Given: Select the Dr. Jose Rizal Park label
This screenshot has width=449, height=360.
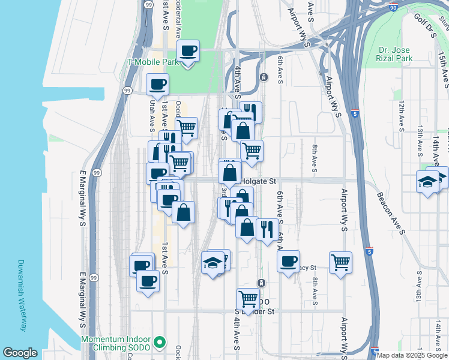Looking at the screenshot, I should pos(396,54).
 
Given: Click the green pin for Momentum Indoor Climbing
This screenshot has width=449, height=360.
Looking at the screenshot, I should pos(159,343).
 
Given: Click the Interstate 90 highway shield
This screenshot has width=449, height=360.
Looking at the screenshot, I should pos(393,8).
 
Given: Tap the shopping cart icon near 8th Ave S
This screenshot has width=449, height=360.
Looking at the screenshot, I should pos(340,262).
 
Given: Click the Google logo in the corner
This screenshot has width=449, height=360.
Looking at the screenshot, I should pos(20,353).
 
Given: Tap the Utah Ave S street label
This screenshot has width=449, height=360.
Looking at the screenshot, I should pos(151,114).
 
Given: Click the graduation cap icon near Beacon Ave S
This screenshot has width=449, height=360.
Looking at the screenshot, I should pos(427,182).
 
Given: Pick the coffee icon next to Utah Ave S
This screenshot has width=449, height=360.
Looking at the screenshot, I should pos(157,84).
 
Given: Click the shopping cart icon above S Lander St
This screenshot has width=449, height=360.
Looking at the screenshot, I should pos(248,298).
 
